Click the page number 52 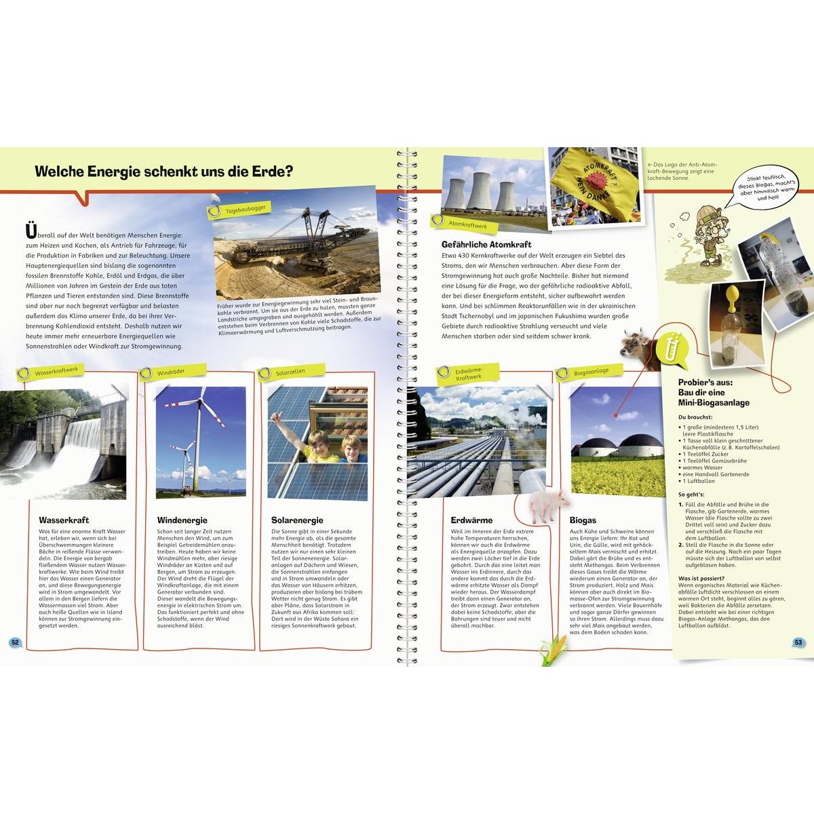pos(14,642)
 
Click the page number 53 pos(798,642)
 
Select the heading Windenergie pos(178,520)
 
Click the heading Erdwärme pos(467,520)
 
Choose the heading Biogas pos(583,520)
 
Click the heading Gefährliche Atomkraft pos(486,244)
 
